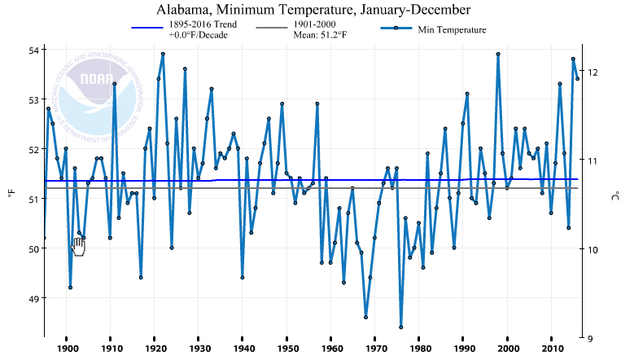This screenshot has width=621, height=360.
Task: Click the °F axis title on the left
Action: pos(11,193)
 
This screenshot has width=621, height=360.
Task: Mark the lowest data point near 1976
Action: pos(401,327)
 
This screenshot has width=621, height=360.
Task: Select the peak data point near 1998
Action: pos(497,55)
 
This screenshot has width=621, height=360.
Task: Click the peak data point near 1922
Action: pos(163,55)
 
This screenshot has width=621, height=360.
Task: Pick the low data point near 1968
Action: pos(365,317)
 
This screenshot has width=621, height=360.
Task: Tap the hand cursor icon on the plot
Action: pos(78,246)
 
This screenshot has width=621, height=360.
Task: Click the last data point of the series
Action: pos(577,78)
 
